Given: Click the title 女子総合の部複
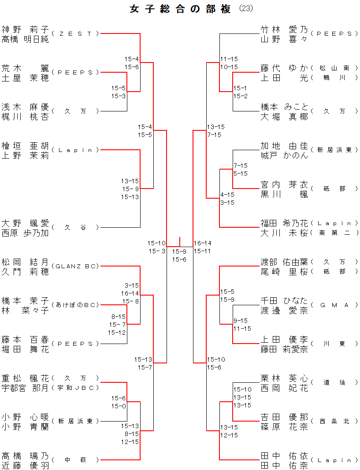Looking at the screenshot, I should pyautogui.click(x=180, y=9).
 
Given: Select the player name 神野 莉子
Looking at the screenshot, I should pyautogui.click(x=25, y=30).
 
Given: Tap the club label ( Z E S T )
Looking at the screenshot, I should pyautogui.click(x=75, y=33).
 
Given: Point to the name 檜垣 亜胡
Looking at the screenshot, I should pyautogui.click(x=25, y=146).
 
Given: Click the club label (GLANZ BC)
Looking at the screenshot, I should pyautogui.click(x=75, y=266).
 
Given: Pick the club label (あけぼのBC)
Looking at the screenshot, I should pyautogui.click(x=75, y=305).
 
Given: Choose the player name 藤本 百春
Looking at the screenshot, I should pyautogui.click(x=25, y=340).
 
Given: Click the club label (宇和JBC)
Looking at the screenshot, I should pyautogui.click(x=75, y=388).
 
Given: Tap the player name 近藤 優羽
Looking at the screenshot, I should pyautogui.click(x=25, y=465).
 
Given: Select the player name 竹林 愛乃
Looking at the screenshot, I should pyautogui.click(x=284, y=30).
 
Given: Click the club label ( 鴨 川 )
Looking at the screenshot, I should pyautogui.click(x=335, y=78).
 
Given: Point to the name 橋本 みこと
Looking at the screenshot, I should pyautogui.click(x=284, y=107).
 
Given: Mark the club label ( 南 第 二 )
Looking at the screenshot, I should pyautogui.click(x=335, y=233).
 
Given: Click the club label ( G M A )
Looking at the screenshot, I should pyautogui.click(x=335, y=305).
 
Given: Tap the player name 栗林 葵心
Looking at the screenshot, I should pyautogui.click(x=284, y=378).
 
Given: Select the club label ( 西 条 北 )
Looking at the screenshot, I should pyautogui.click(x=335, y=421).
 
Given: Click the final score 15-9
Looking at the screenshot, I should pyautogui.click(x=179, y=252).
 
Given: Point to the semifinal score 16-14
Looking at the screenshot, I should pyautogui.click(x=203, y=243).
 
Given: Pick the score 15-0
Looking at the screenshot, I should pyautogui.click(x=119, y=406).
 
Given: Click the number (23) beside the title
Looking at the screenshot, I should pyautogui.click(x=245, y=9).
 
